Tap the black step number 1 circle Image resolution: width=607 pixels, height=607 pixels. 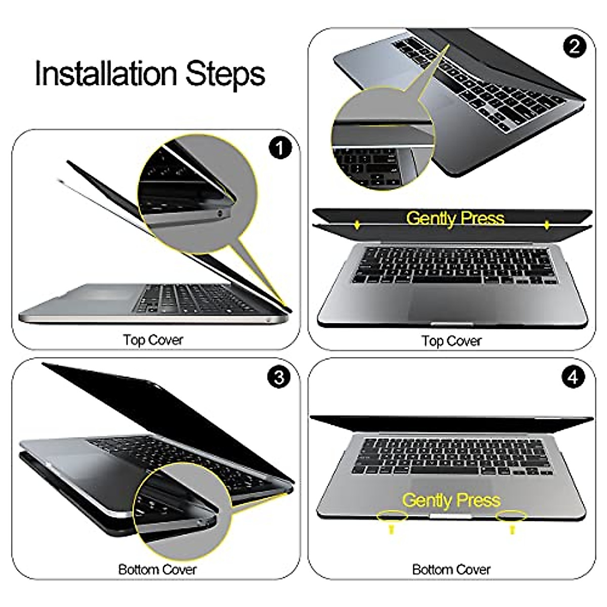point(281,148)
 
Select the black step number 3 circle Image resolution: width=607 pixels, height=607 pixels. point(279,377)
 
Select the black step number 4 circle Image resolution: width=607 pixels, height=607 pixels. point(573,377)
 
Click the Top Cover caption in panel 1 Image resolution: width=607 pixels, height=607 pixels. point(153,340)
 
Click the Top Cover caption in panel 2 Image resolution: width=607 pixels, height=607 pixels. point(451,341)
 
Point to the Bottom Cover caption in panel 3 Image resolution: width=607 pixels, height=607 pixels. point(157,570)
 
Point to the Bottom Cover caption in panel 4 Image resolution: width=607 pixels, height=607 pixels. point(451,570)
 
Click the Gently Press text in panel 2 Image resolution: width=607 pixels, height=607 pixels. point(455,218)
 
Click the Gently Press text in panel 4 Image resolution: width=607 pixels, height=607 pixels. point(451,500)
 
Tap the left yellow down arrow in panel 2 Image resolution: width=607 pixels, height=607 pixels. point(358,225)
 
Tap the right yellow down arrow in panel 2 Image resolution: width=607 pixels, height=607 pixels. point(547,225)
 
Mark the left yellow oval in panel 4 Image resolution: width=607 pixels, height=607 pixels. point(392,516)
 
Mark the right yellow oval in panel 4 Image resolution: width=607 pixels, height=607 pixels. point(511,516)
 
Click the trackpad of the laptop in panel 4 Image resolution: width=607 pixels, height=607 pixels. point(450,488)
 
